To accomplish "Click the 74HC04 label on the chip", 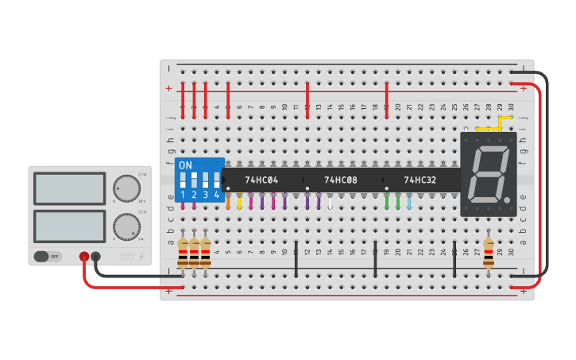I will (261, 180).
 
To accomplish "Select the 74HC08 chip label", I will (341, 180).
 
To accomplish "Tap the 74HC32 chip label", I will (420, 180).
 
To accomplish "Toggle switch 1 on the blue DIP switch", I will (183, 179).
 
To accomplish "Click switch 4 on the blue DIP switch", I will (216, 179).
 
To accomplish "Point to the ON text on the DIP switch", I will (185, 165).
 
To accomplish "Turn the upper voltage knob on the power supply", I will (126, 188).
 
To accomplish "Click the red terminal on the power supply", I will (84, 256).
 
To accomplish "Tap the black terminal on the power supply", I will (96, 256).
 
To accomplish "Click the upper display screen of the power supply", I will (70, 188).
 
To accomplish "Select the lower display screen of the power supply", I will (70, 226).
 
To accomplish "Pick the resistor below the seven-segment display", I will (488, 251).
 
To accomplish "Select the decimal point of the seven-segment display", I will (507, 197).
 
